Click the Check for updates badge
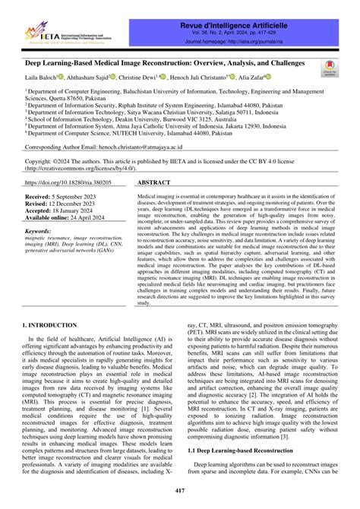[330, 68]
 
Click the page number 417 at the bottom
[179, 493]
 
